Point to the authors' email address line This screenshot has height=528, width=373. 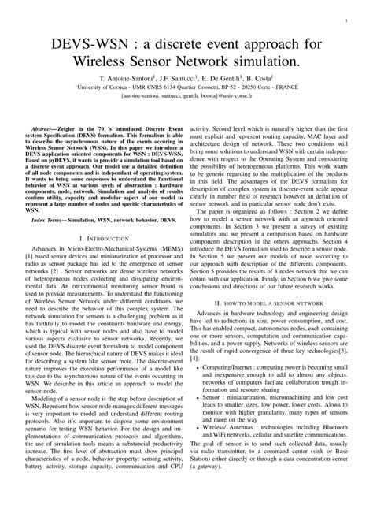tap(186, 100)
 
